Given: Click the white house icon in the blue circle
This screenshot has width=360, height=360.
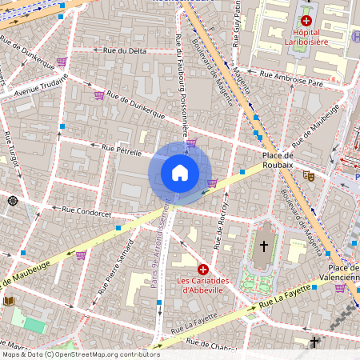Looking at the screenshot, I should click(180, 172).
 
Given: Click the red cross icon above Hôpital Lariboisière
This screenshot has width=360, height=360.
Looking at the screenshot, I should click(306, 20).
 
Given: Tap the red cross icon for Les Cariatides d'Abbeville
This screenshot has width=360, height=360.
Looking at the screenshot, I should click(203, 270).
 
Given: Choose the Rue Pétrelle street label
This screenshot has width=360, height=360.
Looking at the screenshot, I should click(121, 149).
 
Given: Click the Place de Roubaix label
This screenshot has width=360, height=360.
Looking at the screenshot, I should click(278, 159).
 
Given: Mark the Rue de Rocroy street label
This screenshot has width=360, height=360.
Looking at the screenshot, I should click(219, 223).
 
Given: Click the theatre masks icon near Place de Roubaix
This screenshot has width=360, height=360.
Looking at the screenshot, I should click(309, 175).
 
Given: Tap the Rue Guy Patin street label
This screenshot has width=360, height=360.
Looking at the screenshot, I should click(236, 24).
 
